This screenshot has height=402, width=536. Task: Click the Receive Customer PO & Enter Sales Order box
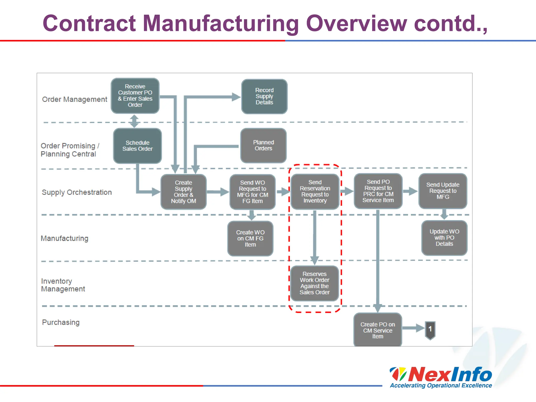[x=135, y=96]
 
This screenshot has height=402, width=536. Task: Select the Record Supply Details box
[x=264, y=96]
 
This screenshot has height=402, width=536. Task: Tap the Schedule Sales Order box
[x=137, y=146]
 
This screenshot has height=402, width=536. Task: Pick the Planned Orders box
[x=263, y=146]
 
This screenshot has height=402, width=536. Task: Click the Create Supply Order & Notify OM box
[x=183, y=192]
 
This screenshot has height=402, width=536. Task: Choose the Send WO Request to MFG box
[x=253, y=192]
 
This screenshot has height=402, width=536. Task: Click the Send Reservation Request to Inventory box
[x=315, y=192]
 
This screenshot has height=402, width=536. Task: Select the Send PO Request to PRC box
[x=378, y=191]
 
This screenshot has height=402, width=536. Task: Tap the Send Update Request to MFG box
[x=443, y=191]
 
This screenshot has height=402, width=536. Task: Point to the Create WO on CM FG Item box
[x=250, y=238]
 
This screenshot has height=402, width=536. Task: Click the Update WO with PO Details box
[x=444, y=238]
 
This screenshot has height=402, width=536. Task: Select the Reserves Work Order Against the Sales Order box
[x=314, y=283]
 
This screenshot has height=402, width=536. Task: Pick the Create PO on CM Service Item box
[x=378, y=330]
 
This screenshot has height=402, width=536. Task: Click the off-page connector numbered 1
[x=430, y=330]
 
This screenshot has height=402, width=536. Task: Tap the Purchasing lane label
[x=61, y=322]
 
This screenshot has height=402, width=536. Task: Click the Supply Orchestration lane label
[x=77, y=192]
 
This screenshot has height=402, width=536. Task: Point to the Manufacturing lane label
[x=65, y=238]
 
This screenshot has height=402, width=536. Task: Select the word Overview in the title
[x=356, y=23]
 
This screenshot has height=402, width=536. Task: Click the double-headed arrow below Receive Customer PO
[x=134, y=121]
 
